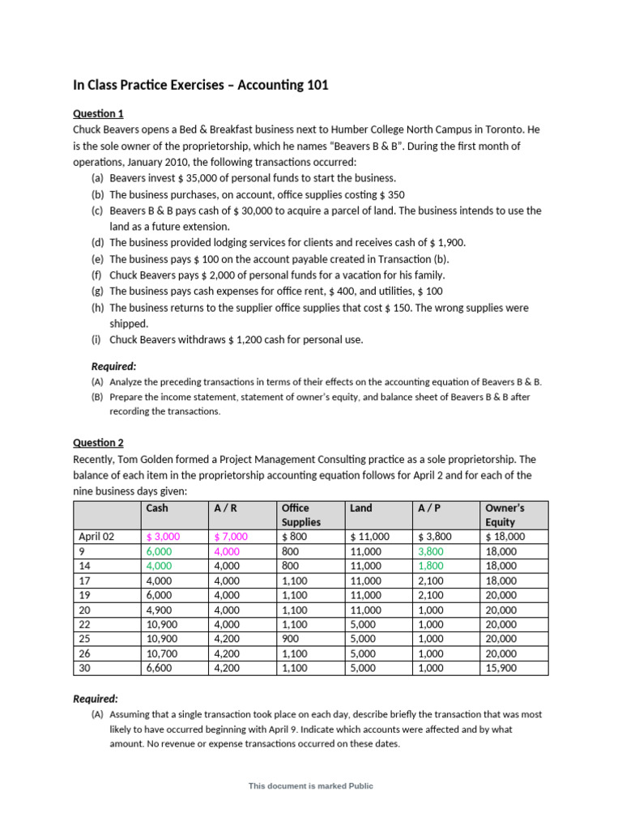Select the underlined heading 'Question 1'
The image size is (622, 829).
(98, 113)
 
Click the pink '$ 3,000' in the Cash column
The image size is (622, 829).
(163, 536)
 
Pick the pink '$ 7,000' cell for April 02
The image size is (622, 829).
(231, 536)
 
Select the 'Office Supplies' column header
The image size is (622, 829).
(300, 515)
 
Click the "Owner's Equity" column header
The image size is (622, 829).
(504, 515)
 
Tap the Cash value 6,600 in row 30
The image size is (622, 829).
(160, 668)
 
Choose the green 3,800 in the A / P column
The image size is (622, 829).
(432, 551)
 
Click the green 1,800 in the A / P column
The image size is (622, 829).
(432, 565)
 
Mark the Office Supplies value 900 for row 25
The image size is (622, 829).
(290, 639)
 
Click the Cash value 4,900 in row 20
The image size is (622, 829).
(160, 610)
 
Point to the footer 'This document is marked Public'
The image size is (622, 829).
(311, 785)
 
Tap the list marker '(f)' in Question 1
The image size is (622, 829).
(96, 275)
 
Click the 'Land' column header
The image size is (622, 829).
(361, 508)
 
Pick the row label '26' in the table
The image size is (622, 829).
(84, 653)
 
